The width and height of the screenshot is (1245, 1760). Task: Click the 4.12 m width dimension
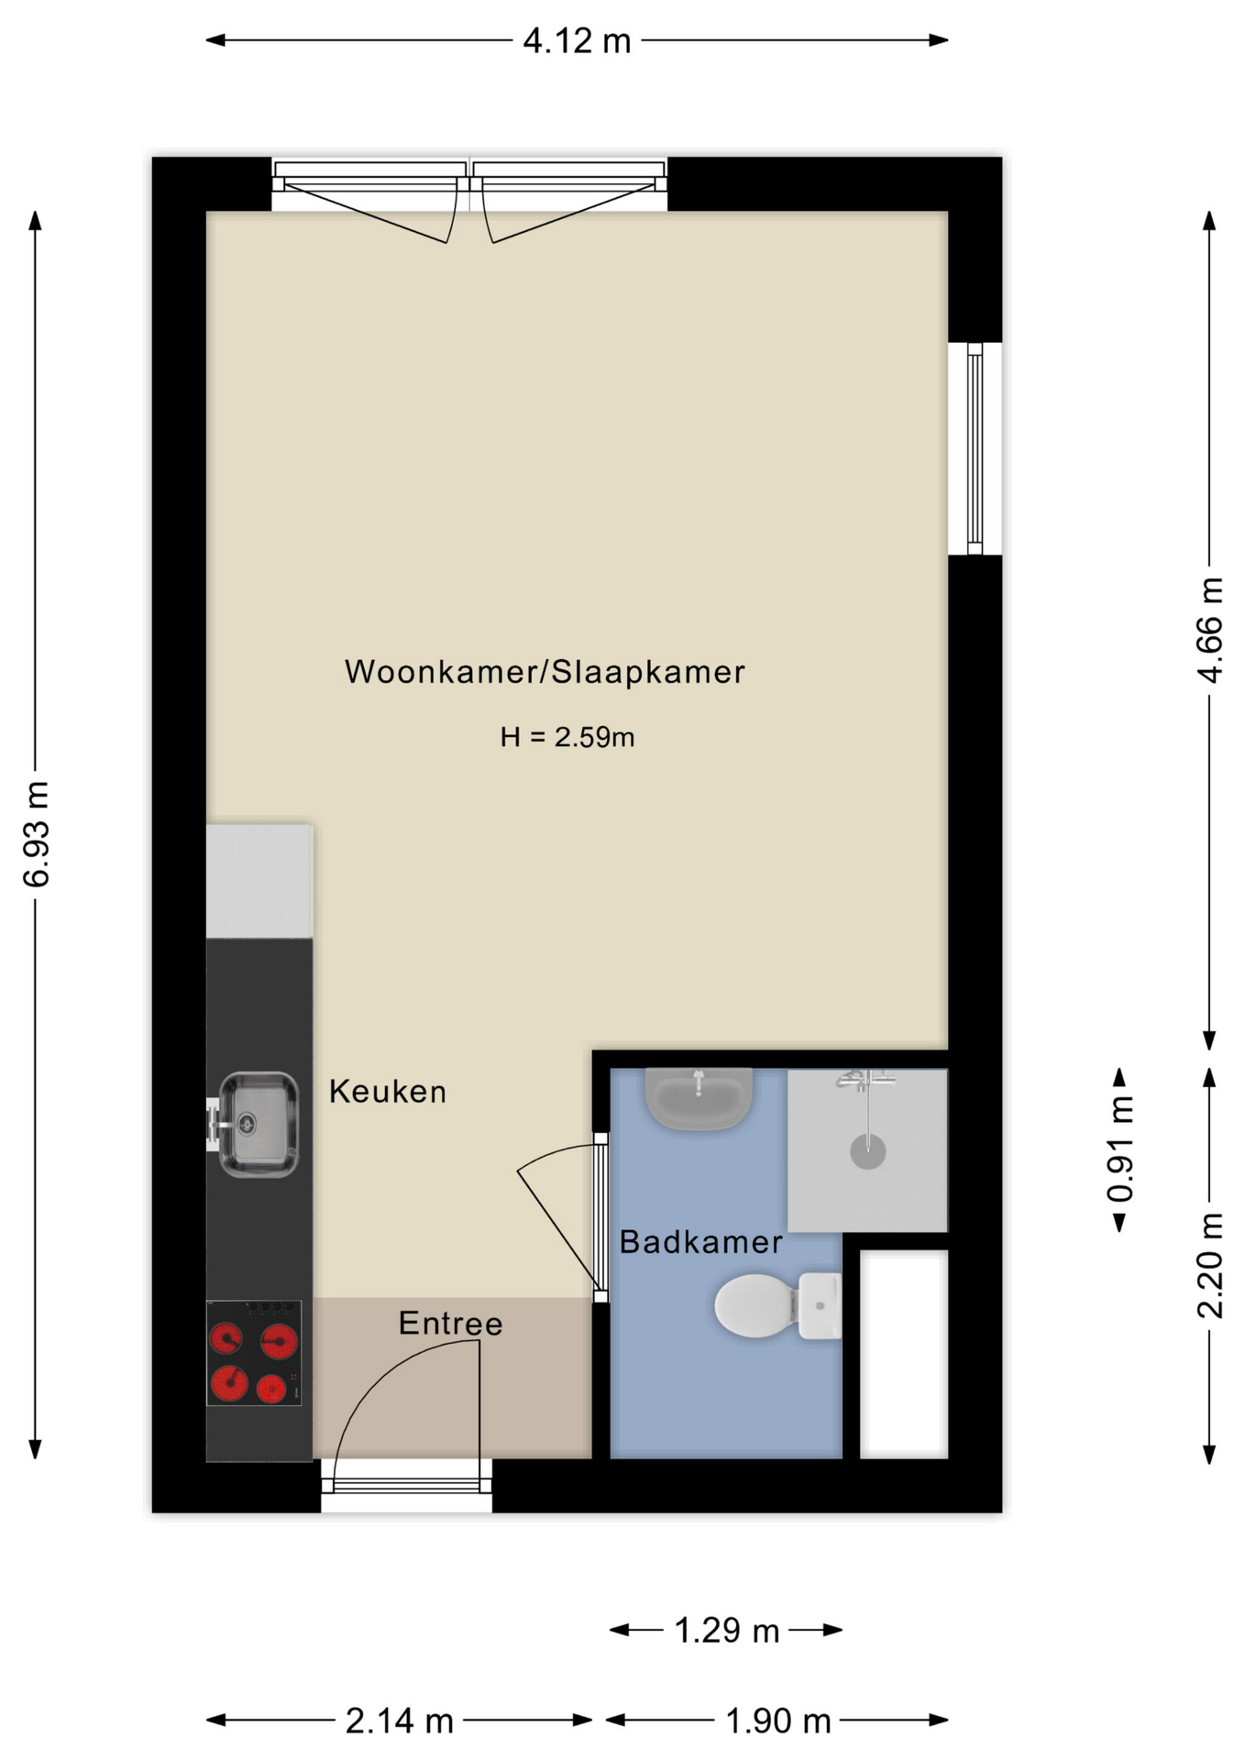[577, 41]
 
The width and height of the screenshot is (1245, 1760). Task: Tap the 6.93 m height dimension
[37, 833]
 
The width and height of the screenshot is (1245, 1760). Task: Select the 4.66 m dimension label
[1210, 630]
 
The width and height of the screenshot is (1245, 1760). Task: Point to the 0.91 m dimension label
[1120, 1149]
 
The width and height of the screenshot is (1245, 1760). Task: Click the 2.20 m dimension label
[1210, 1265]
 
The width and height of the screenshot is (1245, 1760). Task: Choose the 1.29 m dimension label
[726, 1631]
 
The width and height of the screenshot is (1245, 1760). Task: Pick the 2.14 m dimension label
[400, 1721]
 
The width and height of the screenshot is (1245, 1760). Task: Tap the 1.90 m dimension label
[777, 1721]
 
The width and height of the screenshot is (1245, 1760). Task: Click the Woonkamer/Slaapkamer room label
[545, 672]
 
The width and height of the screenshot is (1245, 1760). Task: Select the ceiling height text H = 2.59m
[567, 737]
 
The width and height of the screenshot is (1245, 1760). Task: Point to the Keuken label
[388, 1092]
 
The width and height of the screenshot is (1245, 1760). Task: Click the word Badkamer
[700, 1242]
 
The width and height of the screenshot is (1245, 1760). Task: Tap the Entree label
[450, 1324]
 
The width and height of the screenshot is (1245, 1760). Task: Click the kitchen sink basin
[259, 1124]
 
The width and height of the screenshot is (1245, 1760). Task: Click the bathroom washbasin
[700, 1096]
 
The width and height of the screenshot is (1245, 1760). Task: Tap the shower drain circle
[867, 1151]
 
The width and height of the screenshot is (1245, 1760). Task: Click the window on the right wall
[975, 448]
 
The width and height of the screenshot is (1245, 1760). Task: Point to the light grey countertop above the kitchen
[259, 881]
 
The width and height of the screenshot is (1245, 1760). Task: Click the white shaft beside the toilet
[903, 1354]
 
